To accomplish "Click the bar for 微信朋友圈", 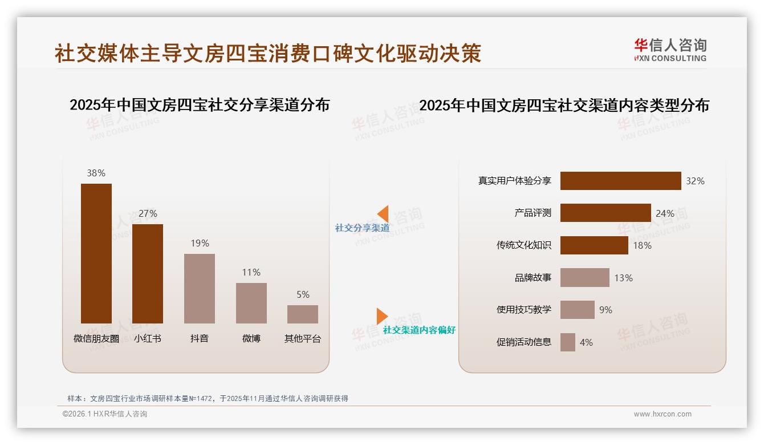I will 96,253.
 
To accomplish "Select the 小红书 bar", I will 148,274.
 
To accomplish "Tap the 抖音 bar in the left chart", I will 200,289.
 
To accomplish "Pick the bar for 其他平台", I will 303,314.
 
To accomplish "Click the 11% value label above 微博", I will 251,273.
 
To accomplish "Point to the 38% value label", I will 96,173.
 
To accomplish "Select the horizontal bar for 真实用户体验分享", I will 620,181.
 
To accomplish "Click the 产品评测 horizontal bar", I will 605,213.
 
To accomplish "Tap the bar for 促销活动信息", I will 568,342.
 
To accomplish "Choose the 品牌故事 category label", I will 533,278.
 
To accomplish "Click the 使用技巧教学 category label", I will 524,310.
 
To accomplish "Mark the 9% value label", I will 605,310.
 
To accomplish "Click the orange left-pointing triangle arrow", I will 383,213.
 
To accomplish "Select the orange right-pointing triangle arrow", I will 382,316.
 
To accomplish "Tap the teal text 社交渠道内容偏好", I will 419,330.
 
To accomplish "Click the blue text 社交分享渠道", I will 362,228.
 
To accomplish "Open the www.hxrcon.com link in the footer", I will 663,414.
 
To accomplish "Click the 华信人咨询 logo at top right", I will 670,50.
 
